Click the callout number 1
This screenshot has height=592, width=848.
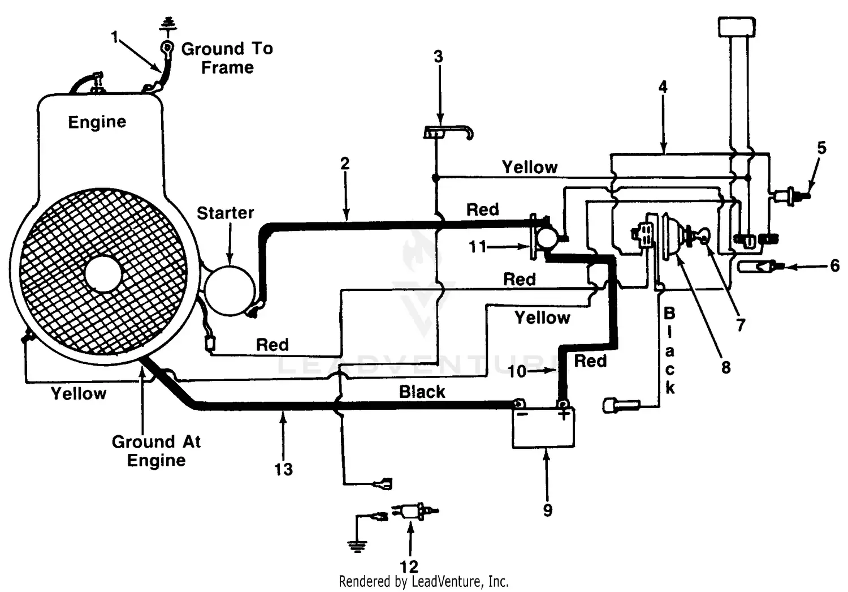115,37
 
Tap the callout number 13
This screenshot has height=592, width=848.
283,469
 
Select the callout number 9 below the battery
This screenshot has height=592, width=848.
547,510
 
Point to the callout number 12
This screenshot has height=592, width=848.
409,566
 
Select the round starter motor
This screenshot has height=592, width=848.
230,290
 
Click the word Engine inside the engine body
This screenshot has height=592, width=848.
97,122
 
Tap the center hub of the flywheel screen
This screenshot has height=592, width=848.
103,273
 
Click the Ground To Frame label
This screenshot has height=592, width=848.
227,58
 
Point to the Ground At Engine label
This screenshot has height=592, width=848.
156,451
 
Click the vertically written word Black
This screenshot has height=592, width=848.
669,350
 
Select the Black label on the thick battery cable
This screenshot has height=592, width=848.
422,392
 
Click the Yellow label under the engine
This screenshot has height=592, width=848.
79,393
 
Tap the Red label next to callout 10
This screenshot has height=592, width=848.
590,361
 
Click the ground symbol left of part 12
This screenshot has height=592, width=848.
357,544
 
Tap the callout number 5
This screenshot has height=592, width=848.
821,148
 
